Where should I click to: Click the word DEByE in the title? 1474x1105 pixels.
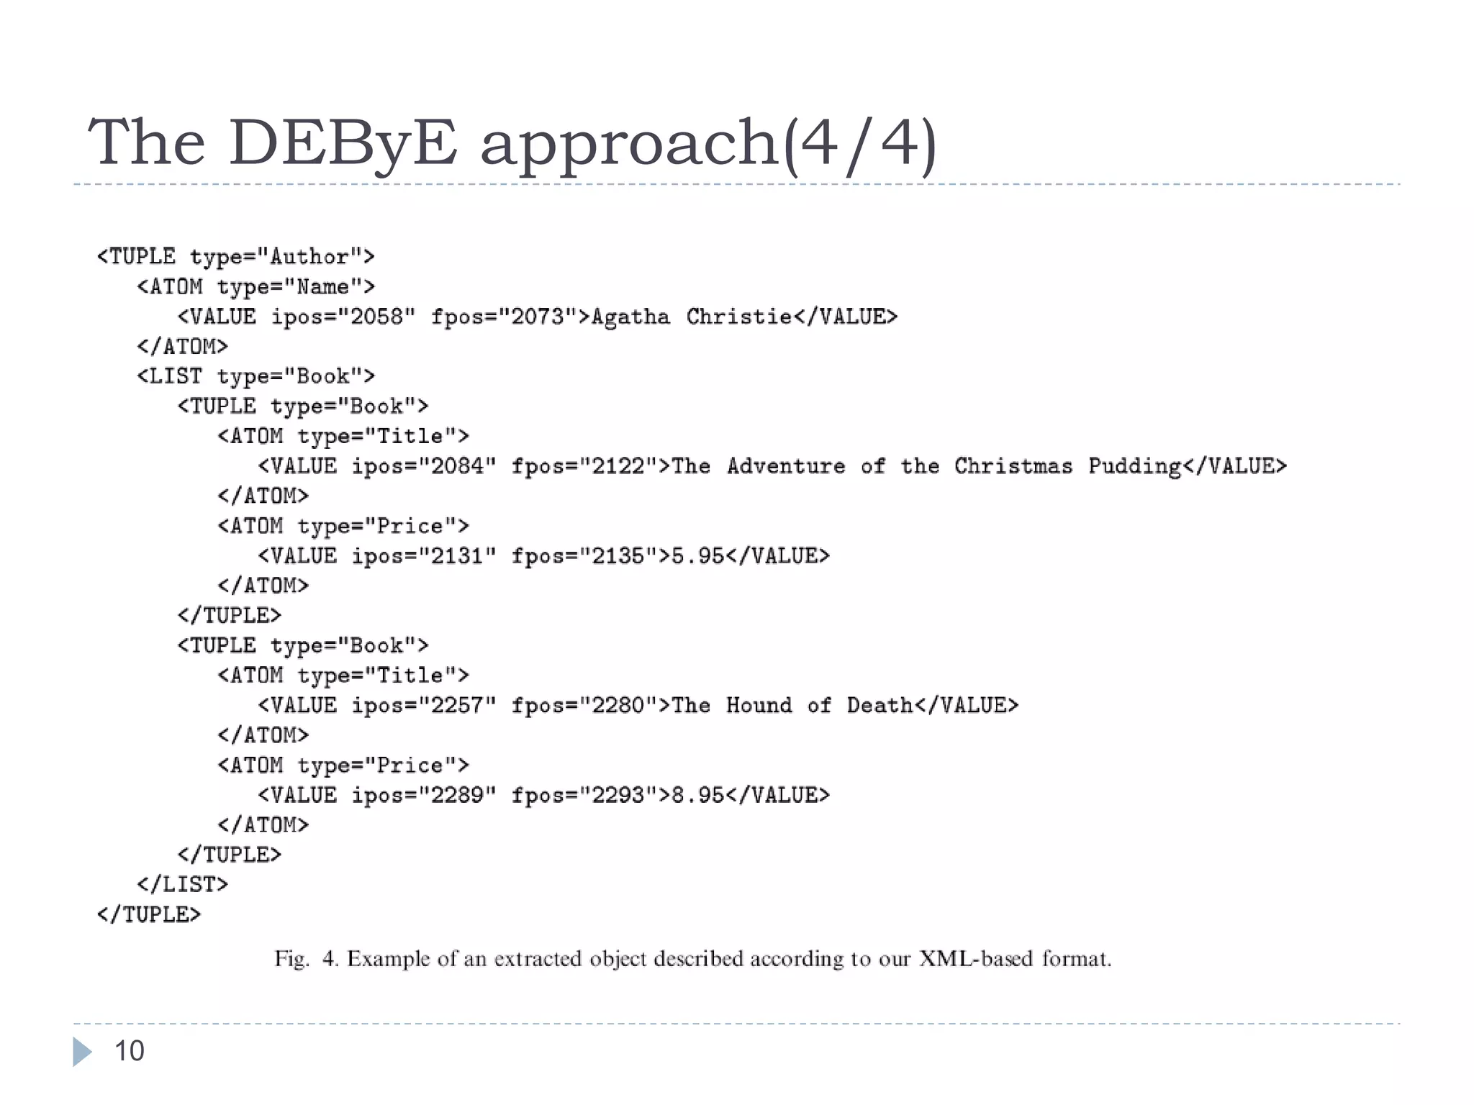[x=343, y=142]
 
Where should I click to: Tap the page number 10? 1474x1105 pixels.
[x=130, y=1051]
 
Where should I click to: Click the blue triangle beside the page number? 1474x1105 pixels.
[x=82, y=1052]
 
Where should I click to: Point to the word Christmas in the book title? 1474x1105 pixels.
[x=1013, y=466]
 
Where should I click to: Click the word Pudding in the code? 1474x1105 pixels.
[x=1134, y=467]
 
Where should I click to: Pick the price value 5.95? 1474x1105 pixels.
[x=697, y=556]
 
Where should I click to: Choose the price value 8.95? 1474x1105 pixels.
[x=697, y=795]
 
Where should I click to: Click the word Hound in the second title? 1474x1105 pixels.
[x=759, y=705]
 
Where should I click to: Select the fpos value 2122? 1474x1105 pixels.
[x=618, y=466]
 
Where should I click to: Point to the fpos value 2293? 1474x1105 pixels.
[x=618, y=795]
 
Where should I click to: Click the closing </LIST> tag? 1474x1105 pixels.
[x=183, y=884]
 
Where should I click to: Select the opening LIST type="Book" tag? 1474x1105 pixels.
[x=256, y=376]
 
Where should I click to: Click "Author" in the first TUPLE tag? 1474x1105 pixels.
[x=309, y=257]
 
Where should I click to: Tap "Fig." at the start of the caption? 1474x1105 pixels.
[x=291, y=959]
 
